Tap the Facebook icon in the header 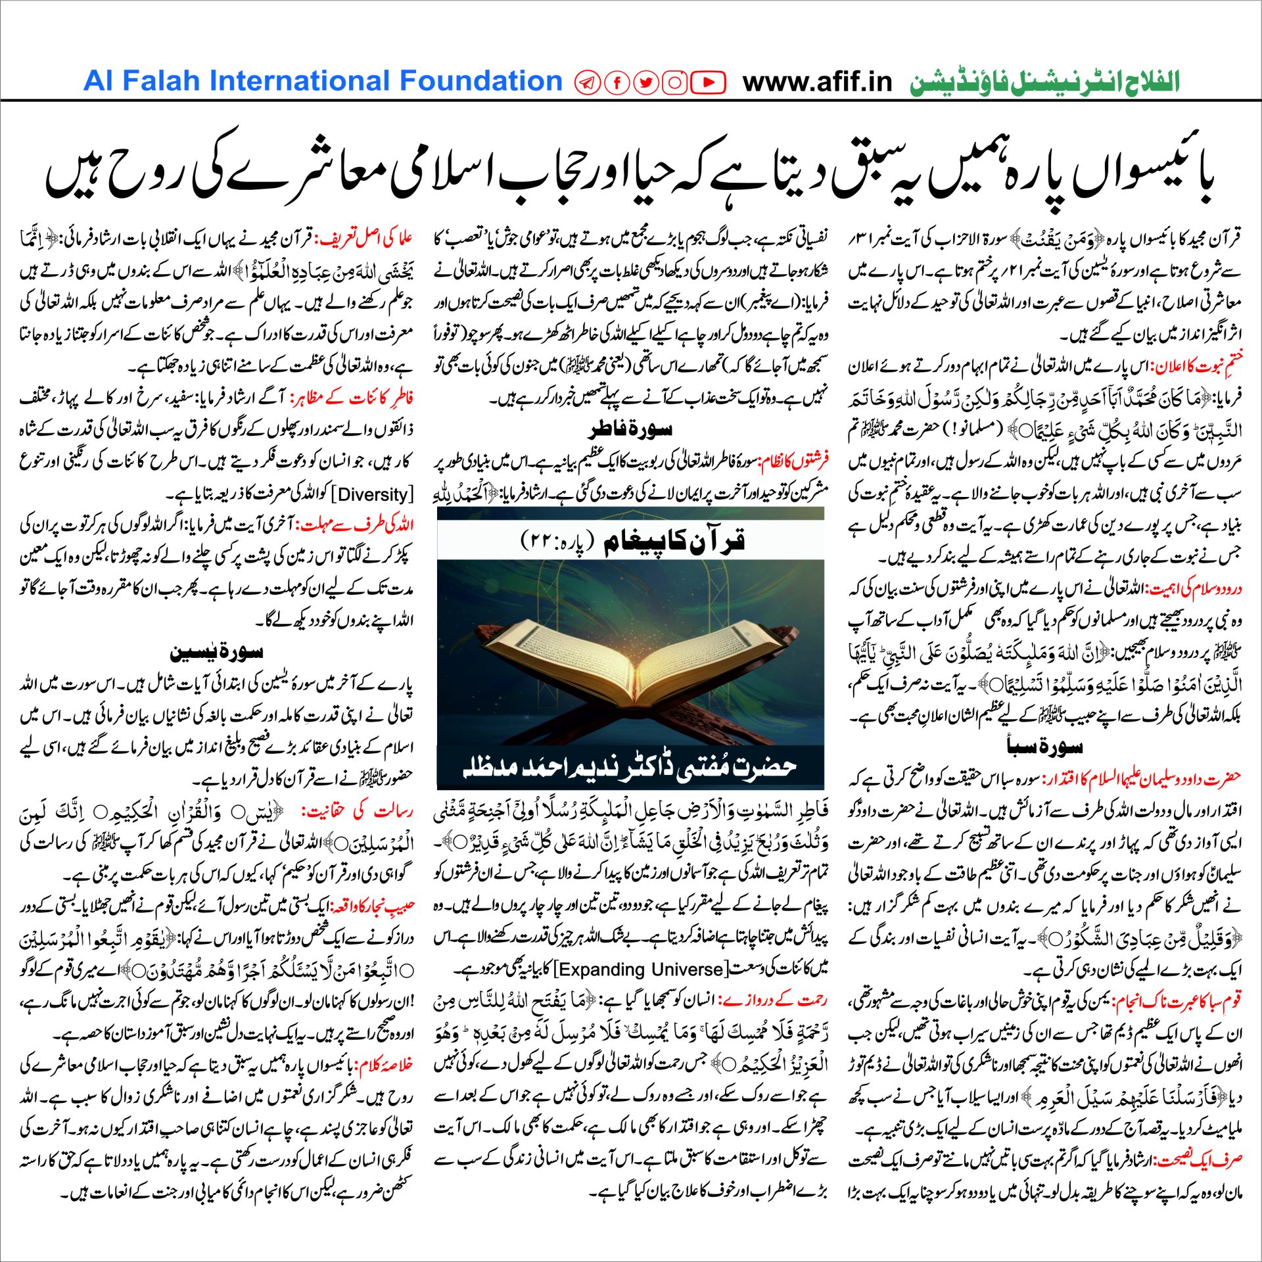[617, 83]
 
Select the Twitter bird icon [646, 83]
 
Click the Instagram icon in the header [674, 83]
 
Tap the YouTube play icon [708, 83]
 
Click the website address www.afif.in [817, 82]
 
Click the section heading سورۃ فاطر [630, 430]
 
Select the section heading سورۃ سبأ [1044, 746]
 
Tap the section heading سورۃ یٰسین [216, 652]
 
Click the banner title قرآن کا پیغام [674, 540]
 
